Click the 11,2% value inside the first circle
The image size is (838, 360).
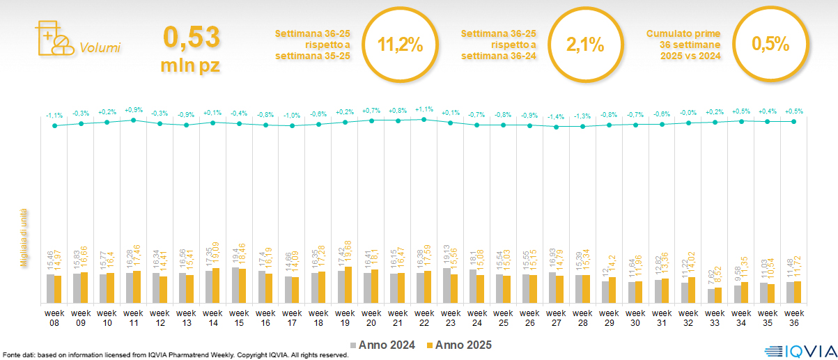click(400, 45)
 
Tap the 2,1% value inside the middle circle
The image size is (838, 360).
click(584, 45)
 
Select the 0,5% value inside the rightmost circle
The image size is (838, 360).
click(770, 45)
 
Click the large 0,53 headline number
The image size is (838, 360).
click(191, 39)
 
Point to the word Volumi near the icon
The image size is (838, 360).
click(100, 48)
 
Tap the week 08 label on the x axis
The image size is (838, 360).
click(54, 318)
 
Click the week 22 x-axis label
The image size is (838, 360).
click(424, 318)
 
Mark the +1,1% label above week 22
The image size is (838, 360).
click(424, 110)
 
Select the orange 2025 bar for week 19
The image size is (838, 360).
click(348, 285)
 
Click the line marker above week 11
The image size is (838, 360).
click(134, 120)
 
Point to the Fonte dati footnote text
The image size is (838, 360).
click(174, 355)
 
